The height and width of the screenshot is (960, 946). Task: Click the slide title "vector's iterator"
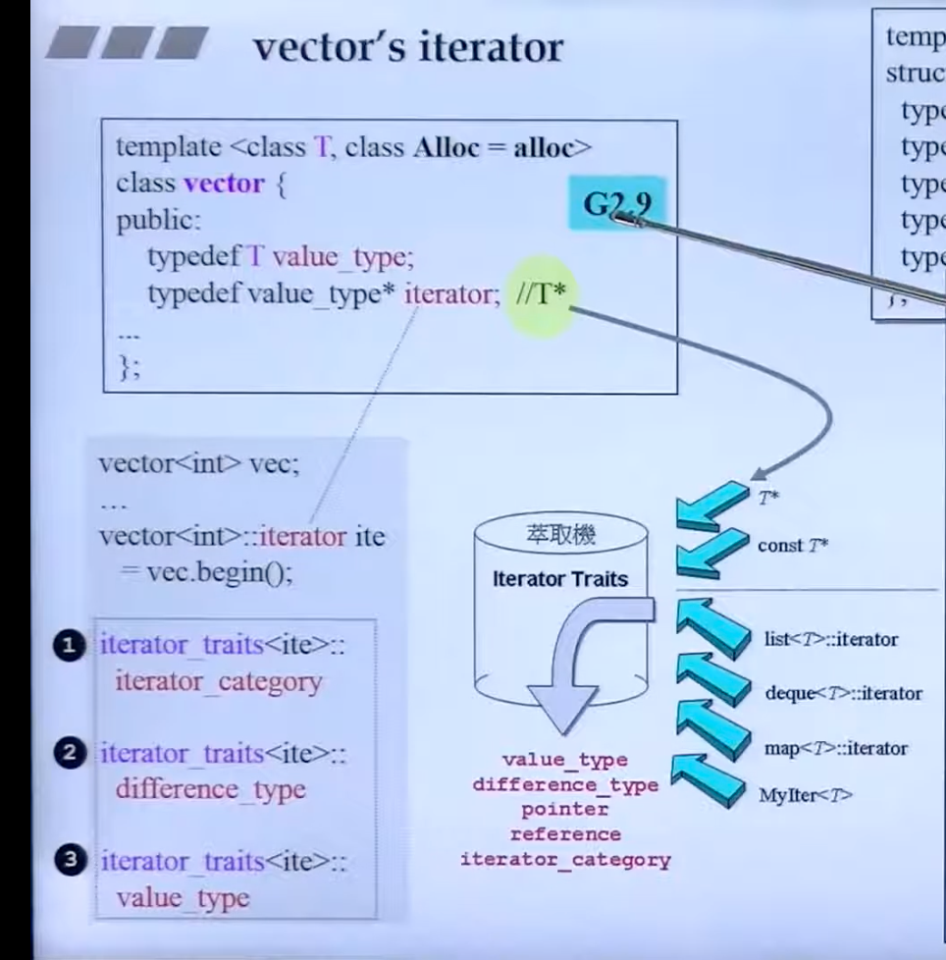tap(408, 46)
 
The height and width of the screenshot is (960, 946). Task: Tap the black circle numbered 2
tap(67, 753)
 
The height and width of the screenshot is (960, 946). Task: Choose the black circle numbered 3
tap(67, 861)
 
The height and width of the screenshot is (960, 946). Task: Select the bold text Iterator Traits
tap(559, 578)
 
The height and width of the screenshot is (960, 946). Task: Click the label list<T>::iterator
tap(831, 639)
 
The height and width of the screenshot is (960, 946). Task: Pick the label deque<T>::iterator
tap(843, 693)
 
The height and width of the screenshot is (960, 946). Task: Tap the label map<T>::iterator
tap(836, 748)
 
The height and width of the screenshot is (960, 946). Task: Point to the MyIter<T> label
tap(806, 796)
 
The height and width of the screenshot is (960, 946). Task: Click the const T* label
tap(793, 546)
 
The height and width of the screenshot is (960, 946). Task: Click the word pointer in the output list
tap(564, 810)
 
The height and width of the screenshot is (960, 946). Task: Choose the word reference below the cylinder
tap(564, 834)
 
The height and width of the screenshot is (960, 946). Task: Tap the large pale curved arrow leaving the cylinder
tap(579, 667)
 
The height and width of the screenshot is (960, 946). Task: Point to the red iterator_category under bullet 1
tap(218, 681)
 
